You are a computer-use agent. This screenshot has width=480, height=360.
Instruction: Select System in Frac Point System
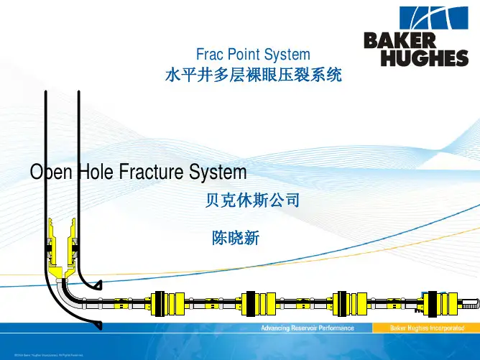point(288,54)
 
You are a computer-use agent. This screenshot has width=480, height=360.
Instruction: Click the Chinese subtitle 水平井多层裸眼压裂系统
point(253,73)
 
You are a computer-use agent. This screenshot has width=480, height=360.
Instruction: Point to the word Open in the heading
point(50,173)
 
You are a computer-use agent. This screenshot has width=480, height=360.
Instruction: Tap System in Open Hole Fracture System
point(218,173)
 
